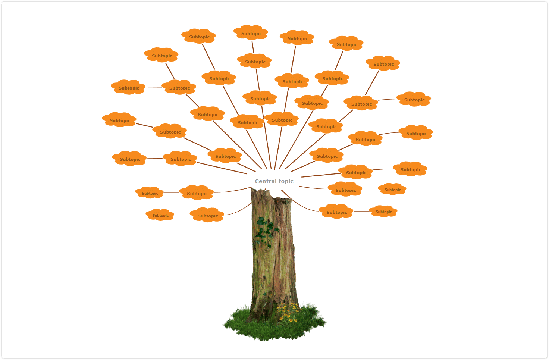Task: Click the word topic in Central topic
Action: (286, 181)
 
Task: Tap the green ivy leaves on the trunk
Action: (266, 232)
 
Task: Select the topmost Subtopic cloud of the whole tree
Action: (251, 32)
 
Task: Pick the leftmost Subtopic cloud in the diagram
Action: (119, 120)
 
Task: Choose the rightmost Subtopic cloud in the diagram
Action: (416, 133)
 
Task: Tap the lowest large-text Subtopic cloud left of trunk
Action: (207, 215)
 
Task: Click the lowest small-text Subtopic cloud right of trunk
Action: (383, 211)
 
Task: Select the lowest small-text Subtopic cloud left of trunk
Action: (160, 215)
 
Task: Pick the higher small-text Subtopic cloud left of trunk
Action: (150, 193)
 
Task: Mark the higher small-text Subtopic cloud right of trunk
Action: (392, 189)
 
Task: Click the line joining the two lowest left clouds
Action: (182, 215)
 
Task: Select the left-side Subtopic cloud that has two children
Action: (179, 87)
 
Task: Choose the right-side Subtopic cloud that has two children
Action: (361, 103)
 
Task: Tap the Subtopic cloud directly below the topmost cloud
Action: (254, 61)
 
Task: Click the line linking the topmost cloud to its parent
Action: (253, 47)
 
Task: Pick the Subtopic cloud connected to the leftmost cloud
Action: (170, 131)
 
